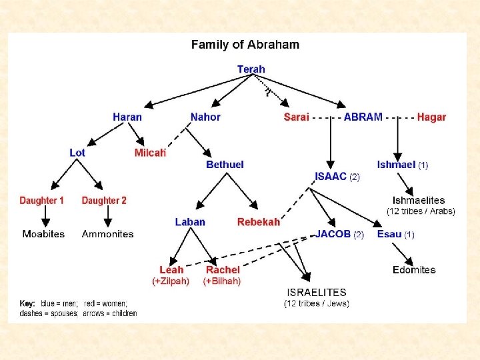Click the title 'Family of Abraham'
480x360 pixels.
tap(245, 45)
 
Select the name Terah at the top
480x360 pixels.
tap(251, 69)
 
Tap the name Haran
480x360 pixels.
tap(127, 117)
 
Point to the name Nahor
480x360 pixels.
tap(205, 117)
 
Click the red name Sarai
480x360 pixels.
tap(297, 117)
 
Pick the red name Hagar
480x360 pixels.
tap(431, 117)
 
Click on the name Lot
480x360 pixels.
tap(77, 153)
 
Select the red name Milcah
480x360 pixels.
tap(150, 153)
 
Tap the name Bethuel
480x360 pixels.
tap(225, 165)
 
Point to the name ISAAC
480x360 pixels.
tap(331, 177)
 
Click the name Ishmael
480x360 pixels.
tap(396, 165)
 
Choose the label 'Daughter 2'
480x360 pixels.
tap(104, 200)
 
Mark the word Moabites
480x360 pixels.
tap(43, 234)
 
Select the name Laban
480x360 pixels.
tap(190, 222)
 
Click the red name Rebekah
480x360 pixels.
tap(259, 222)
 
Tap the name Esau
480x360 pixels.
tap(389, 234)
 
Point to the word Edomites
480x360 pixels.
tap(414, 270)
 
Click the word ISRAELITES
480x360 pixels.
tap(317, 292)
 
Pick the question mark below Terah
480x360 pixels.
tap(267, 93)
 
